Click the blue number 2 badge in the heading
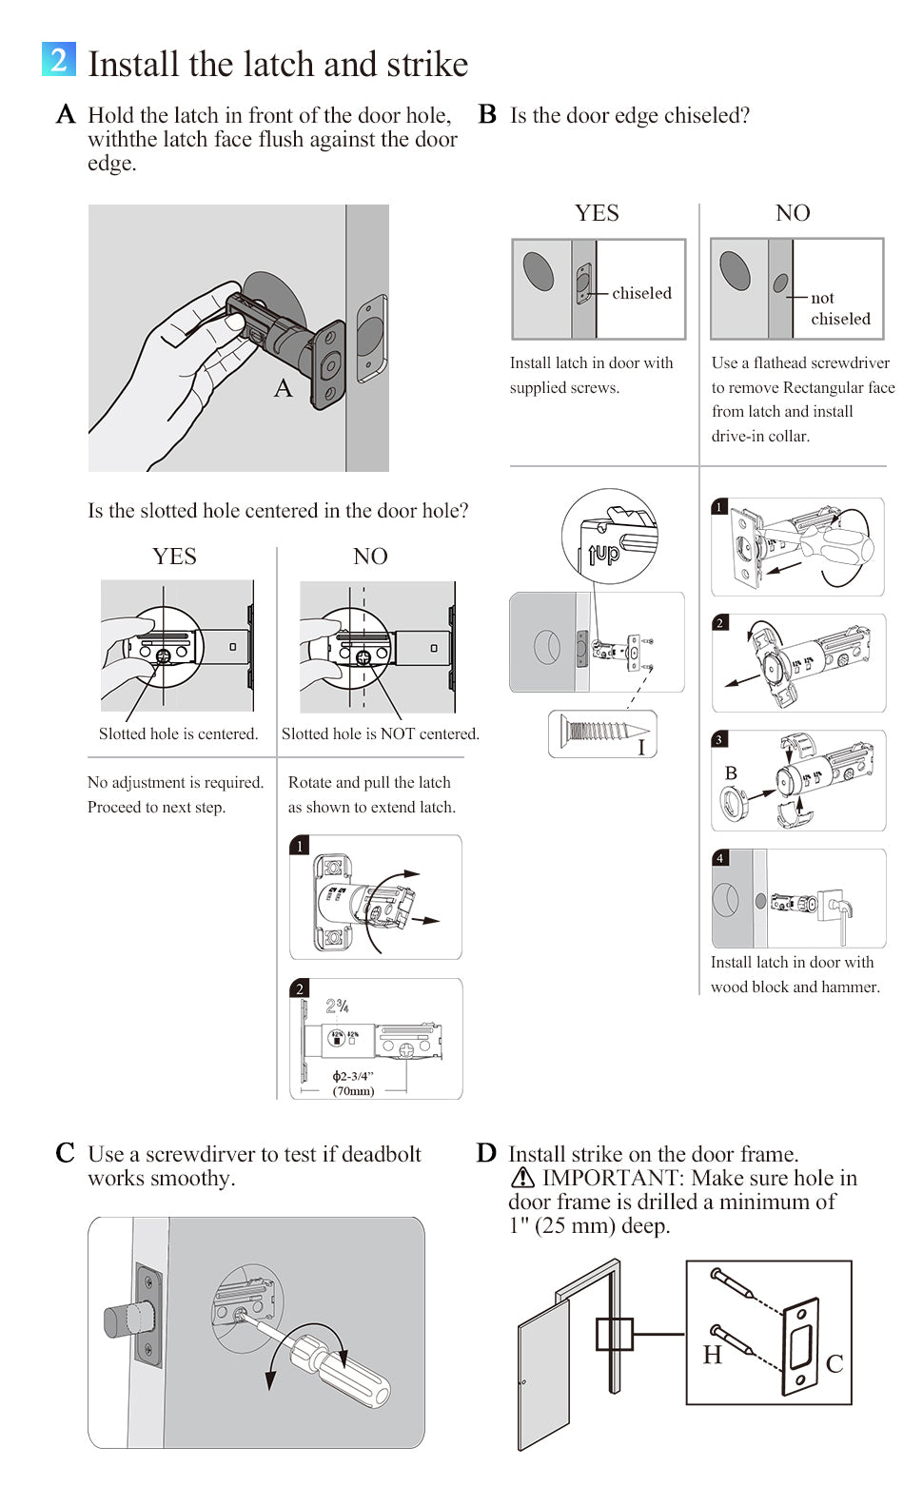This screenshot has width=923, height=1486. click(58, 59)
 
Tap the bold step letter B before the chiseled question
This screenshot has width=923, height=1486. click(487, 115)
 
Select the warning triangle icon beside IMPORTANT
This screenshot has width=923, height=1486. click(522, 1179)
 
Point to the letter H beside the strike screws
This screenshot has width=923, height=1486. click(713, 1355)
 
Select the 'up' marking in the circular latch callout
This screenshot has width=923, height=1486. click(605, 553)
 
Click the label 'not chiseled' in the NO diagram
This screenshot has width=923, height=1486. click(840, 308)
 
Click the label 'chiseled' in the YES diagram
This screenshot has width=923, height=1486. click(641, 293)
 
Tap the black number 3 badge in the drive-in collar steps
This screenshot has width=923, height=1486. click(719, 739)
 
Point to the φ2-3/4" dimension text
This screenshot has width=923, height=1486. click(353, 1076)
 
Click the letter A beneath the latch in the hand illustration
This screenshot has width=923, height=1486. click(283, 388)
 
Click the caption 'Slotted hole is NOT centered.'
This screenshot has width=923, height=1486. click(381, 733)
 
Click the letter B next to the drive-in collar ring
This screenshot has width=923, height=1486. click(731, 772)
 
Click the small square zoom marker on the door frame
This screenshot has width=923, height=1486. click(615, 1334)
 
